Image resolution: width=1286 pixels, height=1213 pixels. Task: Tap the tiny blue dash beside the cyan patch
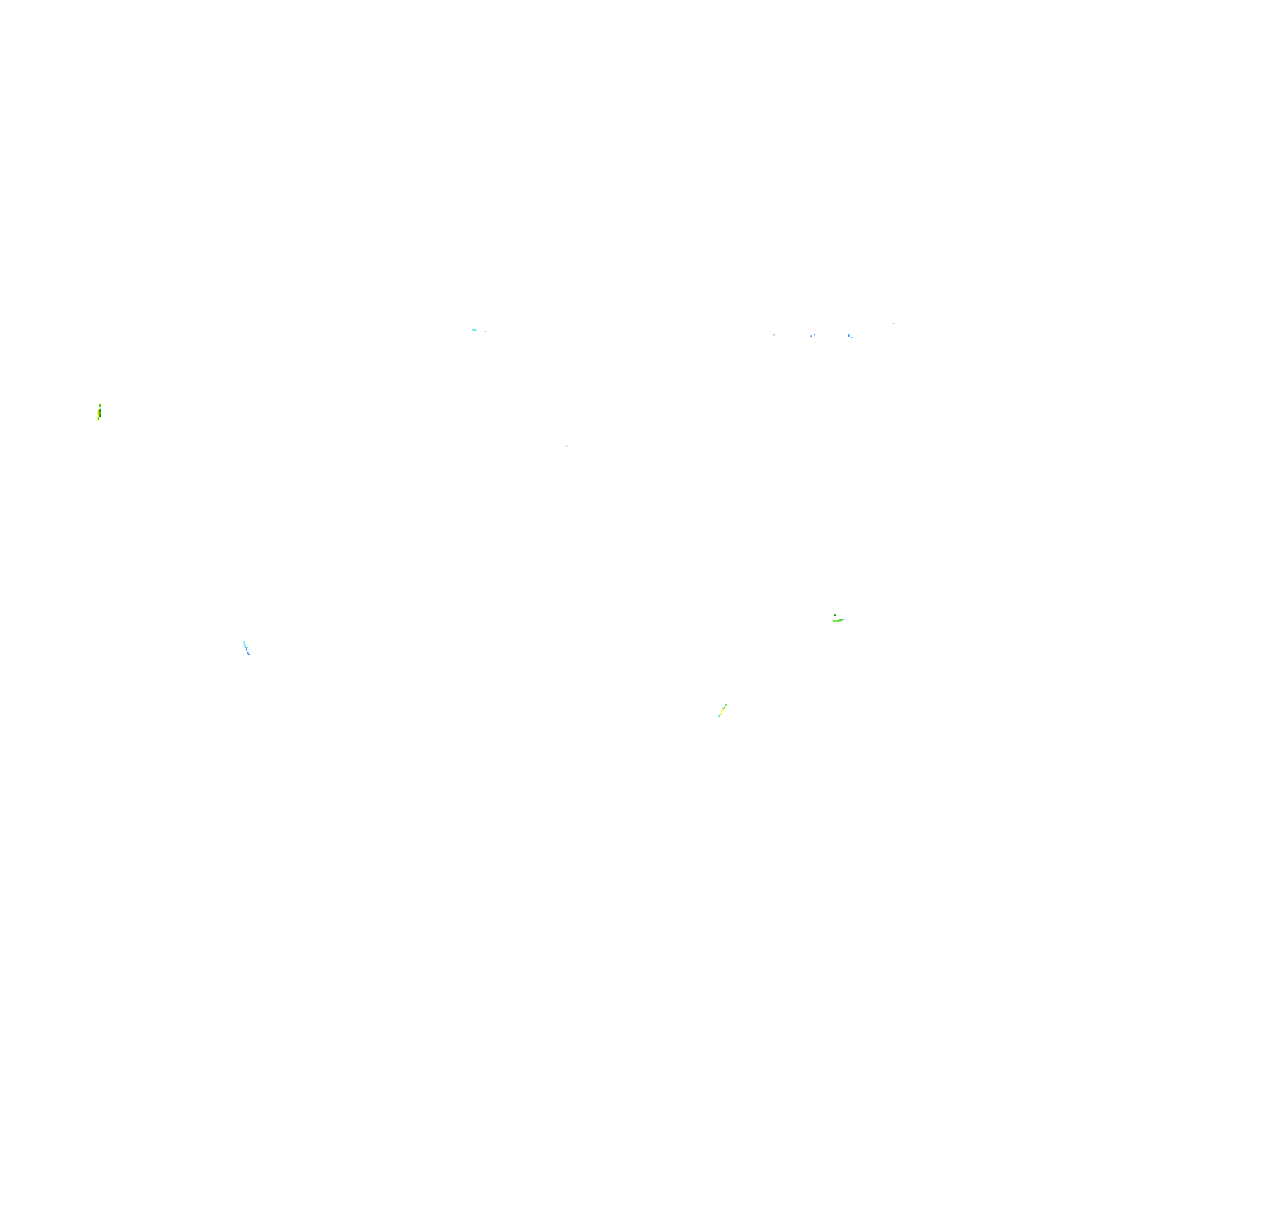click(x=486, y=331)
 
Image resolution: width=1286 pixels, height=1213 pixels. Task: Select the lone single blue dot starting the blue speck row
click(x=774, y=334)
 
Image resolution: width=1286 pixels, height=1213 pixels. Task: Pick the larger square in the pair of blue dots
click(x=811, y=337)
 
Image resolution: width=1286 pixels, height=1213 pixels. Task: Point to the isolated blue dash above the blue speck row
click(x=893, y=323)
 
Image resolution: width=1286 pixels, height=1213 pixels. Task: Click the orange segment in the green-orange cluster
click(x=98, y=412)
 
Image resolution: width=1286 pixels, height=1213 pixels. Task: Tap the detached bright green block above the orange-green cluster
click(x=100, y=406)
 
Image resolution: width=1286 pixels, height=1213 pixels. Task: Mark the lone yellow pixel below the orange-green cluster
click(x=97, y=421)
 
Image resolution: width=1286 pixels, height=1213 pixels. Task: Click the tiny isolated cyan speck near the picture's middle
click(x=566, y=446)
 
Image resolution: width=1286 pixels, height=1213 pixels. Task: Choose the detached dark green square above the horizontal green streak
click(x=835, y=615)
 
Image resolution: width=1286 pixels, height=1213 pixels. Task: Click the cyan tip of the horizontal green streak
click(x=844, y=620)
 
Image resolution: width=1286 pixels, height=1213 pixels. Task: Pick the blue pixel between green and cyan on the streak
click(x=843, y=620)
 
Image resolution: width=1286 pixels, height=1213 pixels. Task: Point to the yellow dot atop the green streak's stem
click(x=834, y=619)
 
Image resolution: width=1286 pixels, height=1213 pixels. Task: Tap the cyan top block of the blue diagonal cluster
click(x=245, y=644)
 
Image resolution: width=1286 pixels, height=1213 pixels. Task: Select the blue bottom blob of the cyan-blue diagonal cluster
click(x=248, y=653)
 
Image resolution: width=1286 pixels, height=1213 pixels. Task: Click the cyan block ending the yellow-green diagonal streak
click(x=720, y=716)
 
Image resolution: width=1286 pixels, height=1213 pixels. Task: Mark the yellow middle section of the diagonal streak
click(x=722, y=711)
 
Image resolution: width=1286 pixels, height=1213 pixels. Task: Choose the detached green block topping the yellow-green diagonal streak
click(x=726, y=705)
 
